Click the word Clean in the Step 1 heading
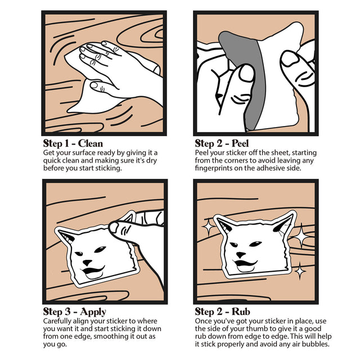point(90,143)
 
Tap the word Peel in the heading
point(240,143)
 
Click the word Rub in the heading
point(241,312)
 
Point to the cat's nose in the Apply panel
point(87,262)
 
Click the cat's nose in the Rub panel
point(241,254)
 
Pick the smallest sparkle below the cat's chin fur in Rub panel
point(300,271)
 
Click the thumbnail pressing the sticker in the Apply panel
point(114,227)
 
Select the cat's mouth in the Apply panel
point(93,271)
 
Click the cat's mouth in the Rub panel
point(245,264)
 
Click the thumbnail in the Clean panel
point(94,85)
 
